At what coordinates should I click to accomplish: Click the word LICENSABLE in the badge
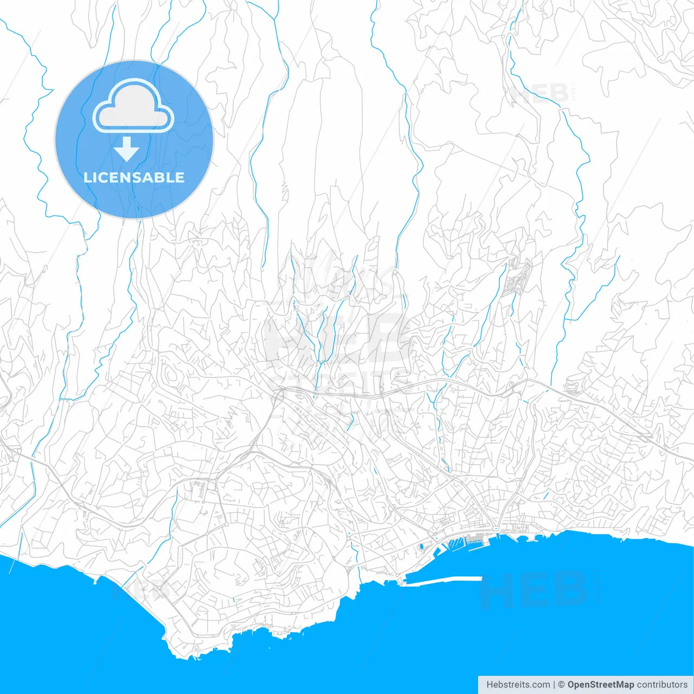pyautogui.click(x=134, y=177)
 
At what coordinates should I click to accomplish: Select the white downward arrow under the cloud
pyautogui.click(x=127, y=149)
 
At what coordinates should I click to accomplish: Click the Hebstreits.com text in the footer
pyautogui.click(x=518, y=685)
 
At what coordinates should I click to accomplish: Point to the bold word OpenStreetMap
pyautogui.click(x=600, y=685)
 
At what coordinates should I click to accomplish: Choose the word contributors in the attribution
pyautogui.click(x=662, y=685)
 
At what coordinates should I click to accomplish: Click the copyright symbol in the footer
pyautogui.click(x=562, y=685)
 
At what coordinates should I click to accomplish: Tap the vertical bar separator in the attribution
pyautogui.click(x=554, y=685)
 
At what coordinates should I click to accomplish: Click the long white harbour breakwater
pyautogui.click(x=442, y=581)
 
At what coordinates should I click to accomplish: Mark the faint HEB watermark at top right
pyautogui.click(x=539, y=93)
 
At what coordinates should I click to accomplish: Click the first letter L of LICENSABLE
pyautogui.click(x=87, y=177)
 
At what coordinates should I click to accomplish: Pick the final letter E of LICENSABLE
pyautogui.click(x=179, y=177)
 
